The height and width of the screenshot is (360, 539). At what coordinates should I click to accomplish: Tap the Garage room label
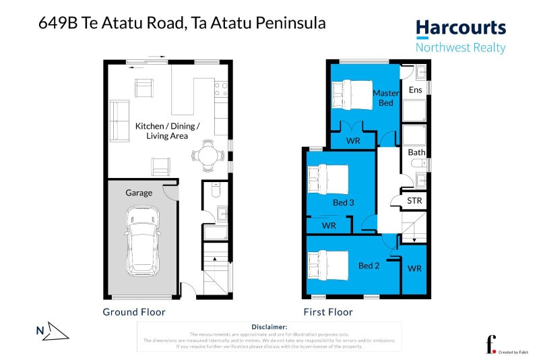coord(139,193)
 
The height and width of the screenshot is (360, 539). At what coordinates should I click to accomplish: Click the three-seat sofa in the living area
coord(120,121)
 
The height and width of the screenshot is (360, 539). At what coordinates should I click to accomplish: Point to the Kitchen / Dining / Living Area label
coord(167,131)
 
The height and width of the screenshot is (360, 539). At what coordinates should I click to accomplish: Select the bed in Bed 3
coord(327,181)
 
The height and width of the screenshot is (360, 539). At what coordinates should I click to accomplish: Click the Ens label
coord(416,90)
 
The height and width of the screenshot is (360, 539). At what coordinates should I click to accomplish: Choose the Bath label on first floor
coord(416,152)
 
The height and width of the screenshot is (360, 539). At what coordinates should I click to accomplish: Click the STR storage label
coord(415,201)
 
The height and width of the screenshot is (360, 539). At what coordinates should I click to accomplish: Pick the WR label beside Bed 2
coord(414,268)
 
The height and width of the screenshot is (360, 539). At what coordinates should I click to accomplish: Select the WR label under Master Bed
coord(353,141)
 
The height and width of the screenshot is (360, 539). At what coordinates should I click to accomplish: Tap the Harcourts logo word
coord(460,28)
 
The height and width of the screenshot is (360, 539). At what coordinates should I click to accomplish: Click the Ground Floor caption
coord(133,312)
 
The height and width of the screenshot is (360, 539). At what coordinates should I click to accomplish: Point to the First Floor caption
coord(327,312)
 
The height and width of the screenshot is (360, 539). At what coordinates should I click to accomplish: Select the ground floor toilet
coord(214,190)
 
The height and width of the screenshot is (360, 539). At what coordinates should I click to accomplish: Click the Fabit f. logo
coord(491,343)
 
